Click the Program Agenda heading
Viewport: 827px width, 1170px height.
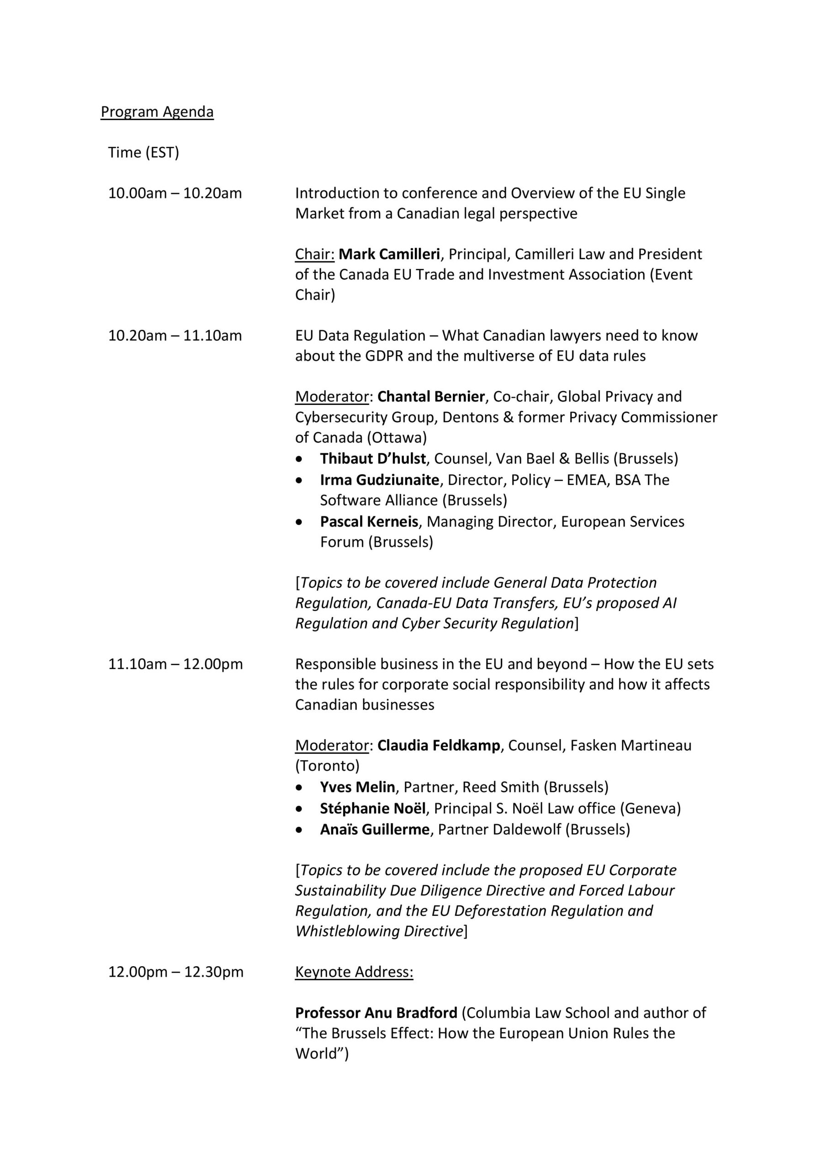pos(157,112)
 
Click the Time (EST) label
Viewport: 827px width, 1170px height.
pos(143,152)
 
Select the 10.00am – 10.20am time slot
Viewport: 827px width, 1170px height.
pos(175,193)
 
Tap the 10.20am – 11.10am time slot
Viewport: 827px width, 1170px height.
pos(175,336)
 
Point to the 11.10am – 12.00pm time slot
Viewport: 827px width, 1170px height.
pos(175,664)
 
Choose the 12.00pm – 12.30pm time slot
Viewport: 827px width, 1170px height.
pos(176,972)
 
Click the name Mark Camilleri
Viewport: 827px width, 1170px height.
pos(389,254)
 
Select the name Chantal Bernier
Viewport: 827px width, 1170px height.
pos(431,396)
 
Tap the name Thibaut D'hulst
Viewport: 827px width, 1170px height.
pos(372,458)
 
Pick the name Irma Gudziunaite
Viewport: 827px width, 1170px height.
pos(379,480)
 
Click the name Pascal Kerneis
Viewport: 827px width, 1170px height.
pos(369,522)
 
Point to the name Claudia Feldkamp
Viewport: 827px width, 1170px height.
pos(438,745)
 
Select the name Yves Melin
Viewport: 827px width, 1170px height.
pos(357,787)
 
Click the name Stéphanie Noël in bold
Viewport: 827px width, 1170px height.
pos(372,808)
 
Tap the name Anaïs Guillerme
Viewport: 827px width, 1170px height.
pos(375,830)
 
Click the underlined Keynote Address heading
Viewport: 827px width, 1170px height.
pos(354,972)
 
